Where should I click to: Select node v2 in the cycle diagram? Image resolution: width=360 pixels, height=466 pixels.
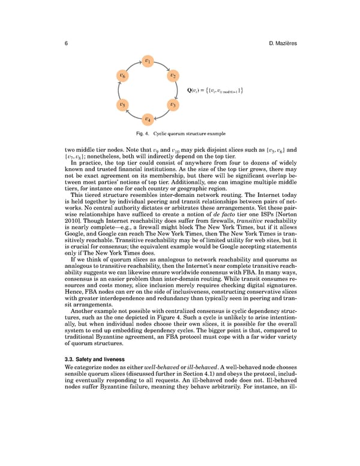(x=173, y=76)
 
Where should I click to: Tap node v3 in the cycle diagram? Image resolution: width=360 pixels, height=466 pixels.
(x=173, y=104)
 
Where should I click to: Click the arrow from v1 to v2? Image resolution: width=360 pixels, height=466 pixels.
(x=163, y=65)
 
